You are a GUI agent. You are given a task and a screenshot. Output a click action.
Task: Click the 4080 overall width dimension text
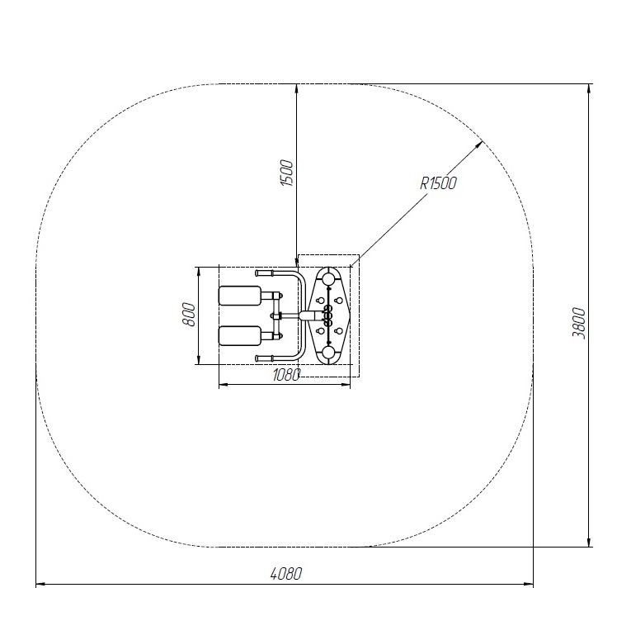pos(286,573)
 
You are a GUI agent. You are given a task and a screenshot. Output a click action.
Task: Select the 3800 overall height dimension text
pos(578,323)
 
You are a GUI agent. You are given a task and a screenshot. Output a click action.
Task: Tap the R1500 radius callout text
pos(438,183)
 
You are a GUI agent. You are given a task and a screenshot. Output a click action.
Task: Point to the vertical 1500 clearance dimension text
pos(287,173)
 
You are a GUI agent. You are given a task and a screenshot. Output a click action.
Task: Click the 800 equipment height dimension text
pos(189,315)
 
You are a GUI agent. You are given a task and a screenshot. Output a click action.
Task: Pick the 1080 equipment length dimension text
pos(287,375)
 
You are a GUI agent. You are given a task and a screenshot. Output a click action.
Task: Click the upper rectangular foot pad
pos(240,296)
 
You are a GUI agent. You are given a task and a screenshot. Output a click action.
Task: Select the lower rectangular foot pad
pos(240,335)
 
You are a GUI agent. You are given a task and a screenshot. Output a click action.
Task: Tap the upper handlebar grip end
pos(264,273)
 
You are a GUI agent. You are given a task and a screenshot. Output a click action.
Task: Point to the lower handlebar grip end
pos(264,358)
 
